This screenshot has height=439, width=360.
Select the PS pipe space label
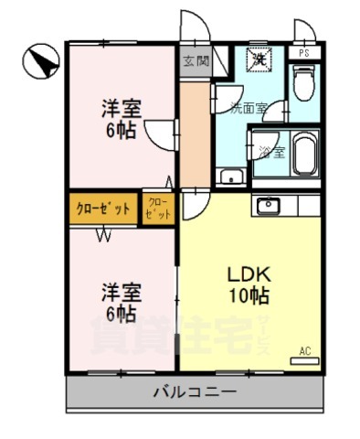tap(303, 53)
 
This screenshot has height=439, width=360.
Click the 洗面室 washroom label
tap(248, 107)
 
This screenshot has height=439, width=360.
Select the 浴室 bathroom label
tap(271, 152)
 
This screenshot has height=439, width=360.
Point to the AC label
tap(305, 348)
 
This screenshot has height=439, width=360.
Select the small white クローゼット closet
tap(157, 208)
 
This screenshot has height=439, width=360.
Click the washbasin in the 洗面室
tap(233, 177)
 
